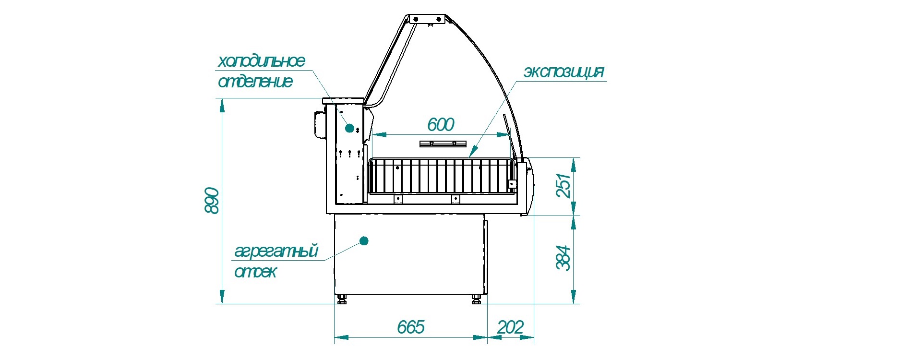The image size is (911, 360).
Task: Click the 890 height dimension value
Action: pos(212,201)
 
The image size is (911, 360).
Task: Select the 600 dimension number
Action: pos(441,125)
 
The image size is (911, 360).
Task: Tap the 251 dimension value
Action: pos(563,186)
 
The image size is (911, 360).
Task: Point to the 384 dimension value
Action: pos(563,258)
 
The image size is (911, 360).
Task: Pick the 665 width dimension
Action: pos(411,327)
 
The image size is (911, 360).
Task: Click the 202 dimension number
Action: pos(510,327)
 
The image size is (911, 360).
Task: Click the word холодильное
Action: pos(262,61)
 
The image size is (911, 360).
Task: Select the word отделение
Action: pos(255,82)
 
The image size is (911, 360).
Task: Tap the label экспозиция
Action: pos(563,72)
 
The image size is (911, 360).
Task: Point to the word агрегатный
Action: pos(276,251)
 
